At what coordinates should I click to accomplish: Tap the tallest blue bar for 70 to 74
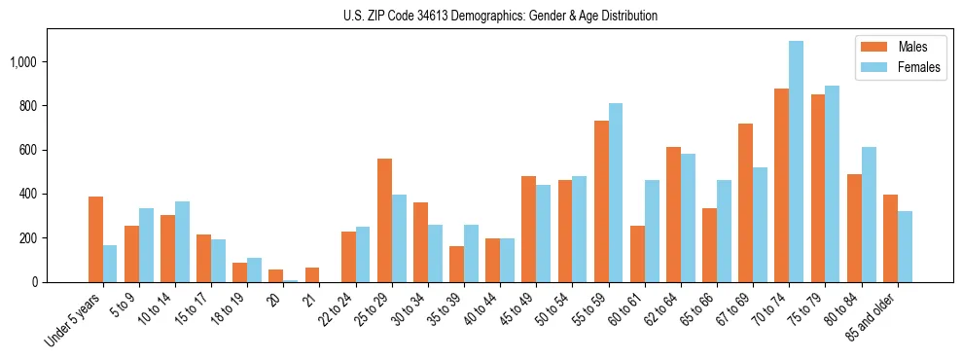point(796,162)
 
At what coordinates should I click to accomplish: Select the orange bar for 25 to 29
point(384,220)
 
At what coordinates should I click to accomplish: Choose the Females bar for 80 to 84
point(868,214)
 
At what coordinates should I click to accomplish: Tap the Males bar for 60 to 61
point(637,254)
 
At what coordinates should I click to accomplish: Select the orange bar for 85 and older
point(890,238)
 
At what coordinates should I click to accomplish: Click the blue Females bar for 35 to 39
point(471,253)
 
